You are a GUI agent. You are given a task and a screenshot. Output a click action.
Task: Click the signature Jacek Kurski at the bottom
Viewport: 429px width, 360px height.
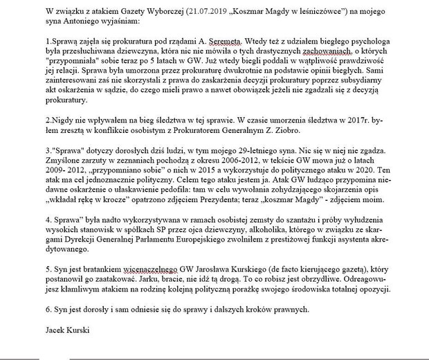(69, 332)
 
